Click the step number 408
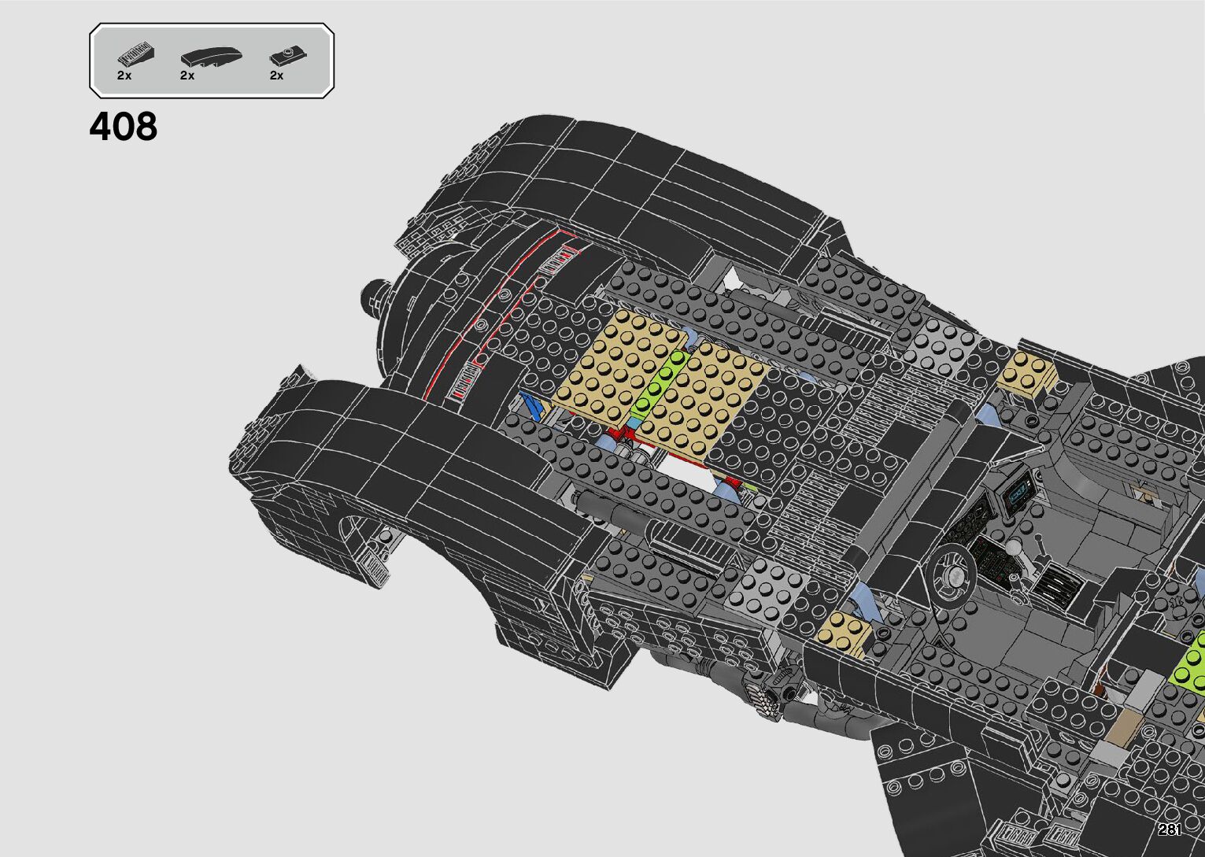(x=124, y=127)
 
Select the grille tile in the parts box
(x=136, y=55)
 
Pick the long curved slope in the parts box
(x=211, y=57)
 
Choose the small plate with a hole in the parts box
(x=288, y=55)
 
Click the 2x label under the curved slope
(x=187, y=76)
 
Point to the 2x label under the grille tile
(x=124, y=76)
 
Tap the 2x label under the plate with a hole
(x=276, y=76)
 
